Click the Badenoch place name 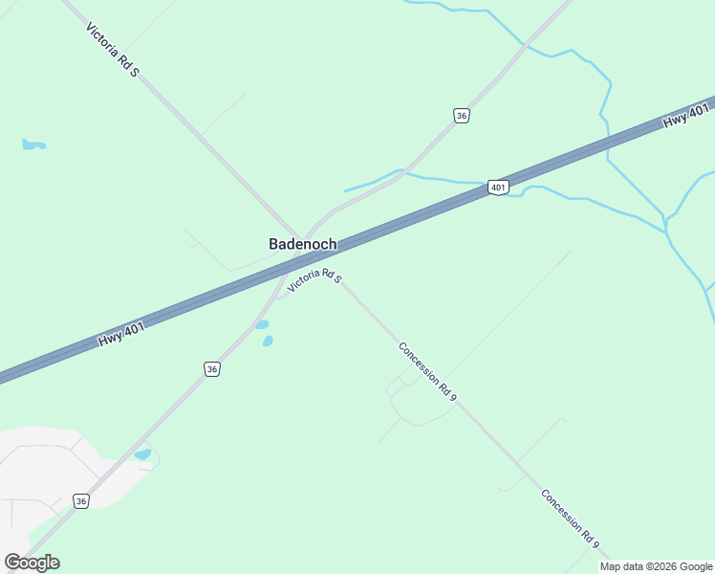click(302, 244)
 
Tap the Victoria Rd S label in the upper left click(113, 50)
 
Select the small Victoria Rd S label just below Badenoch click(314, 279)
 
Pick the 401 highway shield click(497, 188)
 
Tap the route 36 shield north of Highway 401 click(462, 116)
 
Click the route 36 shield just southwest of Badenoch click(212, 369)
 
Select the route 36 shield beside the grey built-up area click(81, 501)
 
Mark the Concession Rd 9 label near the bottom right click(571, 519)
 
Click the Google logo click(32, 563)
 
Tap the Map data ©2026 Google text click(656, 566)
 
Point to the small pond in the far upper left click(32, 145)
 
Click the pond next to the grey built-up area click(143, 454)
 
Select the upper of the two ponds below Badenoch click(262, 324)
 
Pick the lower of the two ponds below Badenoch click(268, 341)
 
